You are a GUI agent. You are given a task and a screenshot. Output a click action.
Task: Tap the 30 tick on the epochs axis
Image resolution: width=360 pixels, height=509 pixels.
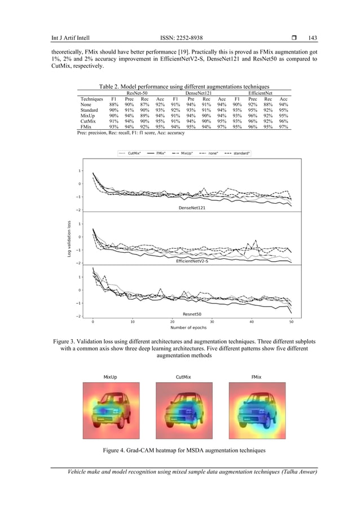[x=212, y=322]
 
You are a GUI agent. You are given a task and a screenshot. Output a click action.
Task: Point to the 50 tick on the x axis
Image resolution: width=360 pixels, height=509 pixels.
[x=291, y=322]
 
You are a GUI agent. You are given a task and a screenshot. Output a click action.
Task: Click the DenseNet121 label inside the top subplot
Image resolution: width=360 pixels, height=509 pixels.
[x=191, y=208]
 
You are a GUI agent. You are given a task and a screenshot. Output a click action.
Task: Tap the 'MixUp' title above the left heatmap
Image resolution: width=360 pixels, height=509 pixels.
[x=110, y=376]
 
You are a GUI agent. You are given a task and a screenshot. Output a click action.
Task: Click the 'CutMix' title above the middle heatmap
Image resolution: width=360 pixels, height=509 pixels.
[x=182, y=376]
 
